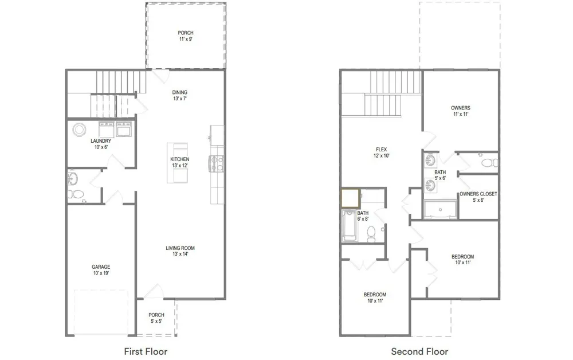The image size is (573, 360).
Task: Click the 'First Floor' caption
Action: pyautogui.click(x=146, y=351)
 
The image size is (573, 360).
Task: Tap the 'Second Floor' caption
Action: pyautogui.click(x=419, y=351)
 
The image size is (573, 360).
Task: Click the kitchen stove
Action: pyautogui.click(x=217, y=163)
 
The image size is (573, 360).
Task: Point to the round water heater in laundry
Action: pyautogui.click(x=79, y=130)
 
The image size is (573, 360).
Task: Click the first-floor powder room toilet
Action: pyautogui.click(x=76, y=194)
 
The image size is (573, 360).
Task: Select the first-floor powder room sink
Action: pyautogui.click(x=72, y=179)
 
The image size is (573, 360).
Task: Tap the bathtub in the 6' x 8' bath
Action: pyautogui.click(x=350, y=225)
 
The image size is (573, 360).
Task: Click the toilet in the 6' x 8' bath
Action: pyautogui.click(x=371, y=234)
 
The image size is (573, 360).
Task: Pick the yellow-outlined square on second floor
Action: pyautogui.click(x=351, y=198)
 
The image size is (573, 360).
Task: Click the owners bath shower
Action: pyautogui.click(x=440, y=209)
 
